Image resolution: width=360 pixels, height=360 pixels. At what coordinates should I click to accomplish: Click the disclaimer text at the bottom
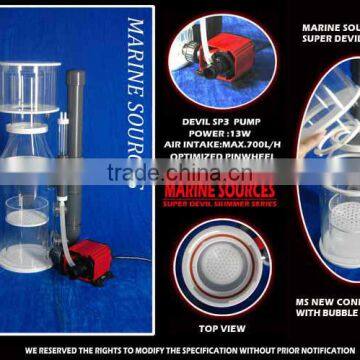(180, 351)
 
